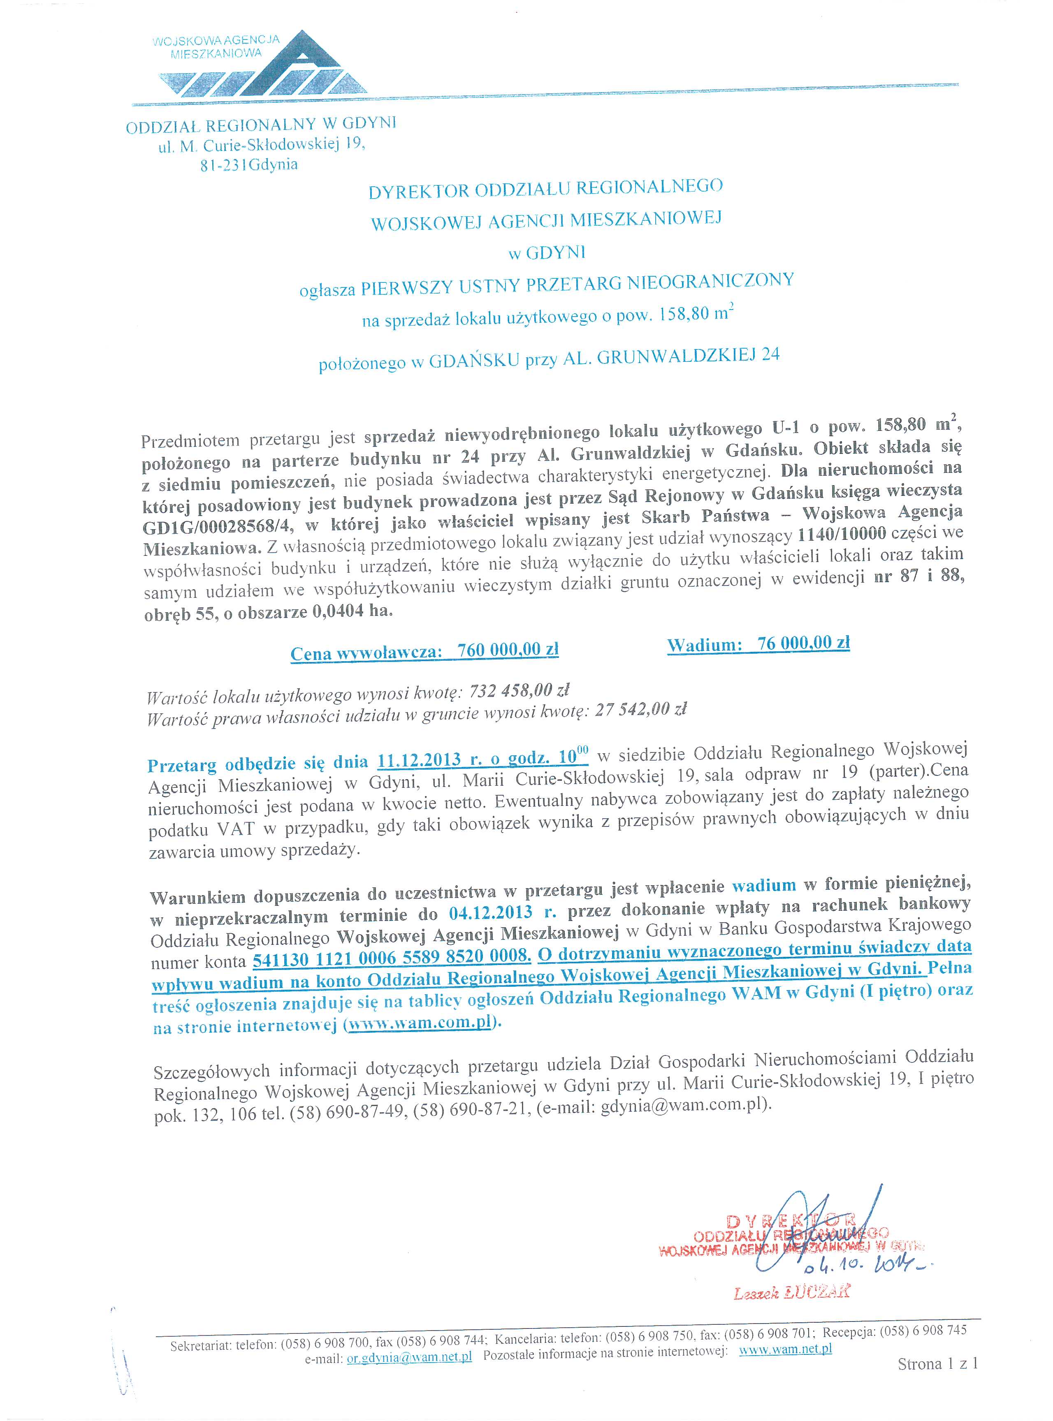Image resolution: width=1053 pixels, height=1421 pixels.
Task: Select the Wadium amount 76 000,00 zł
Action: tap(803, 643)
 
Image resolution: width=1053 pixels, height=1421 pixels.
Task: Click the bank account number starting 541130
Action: tap(391, 958)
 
